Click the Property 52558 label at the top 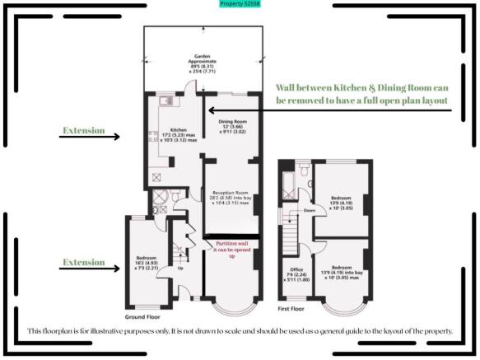(240, 4)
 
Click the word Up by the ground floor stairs (179, 269)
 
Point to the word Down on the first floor (310, 211)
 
